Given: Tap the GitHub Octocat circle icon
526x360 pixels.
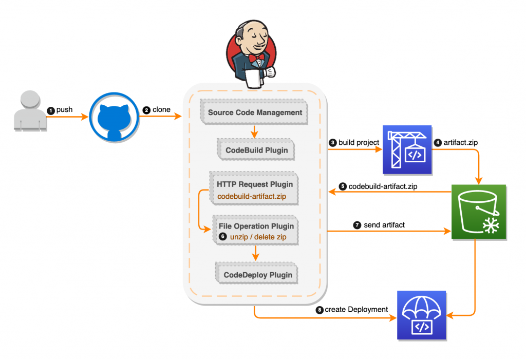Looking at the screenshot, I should pos(114,117).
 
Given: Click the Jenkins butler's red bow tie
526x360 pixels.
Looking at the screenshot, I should pos(255,58).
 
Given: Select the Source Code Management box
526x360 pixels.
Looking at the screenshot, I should pos(255,112).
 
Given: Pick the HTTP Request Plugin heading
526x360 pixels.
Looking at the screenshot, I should pos(255,184).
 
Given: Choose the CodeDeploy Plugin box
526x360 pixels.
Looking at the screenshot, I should pos(257,275).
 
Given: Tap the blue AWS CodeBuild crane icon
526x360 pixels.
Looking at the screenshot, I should pos(406,149).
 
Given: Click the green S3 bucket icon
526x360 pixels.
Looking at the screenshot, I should pos(479,212).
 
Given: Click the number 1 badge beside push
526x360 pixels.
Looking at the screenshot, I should pos(50,110).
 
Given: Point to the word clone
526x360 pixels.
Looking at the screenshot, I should pos(161,110).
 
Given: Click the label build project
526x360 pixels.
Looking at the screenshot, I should pos(359,142).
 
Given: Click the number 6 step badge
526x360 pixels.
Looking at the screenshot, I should pos(222,237).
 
